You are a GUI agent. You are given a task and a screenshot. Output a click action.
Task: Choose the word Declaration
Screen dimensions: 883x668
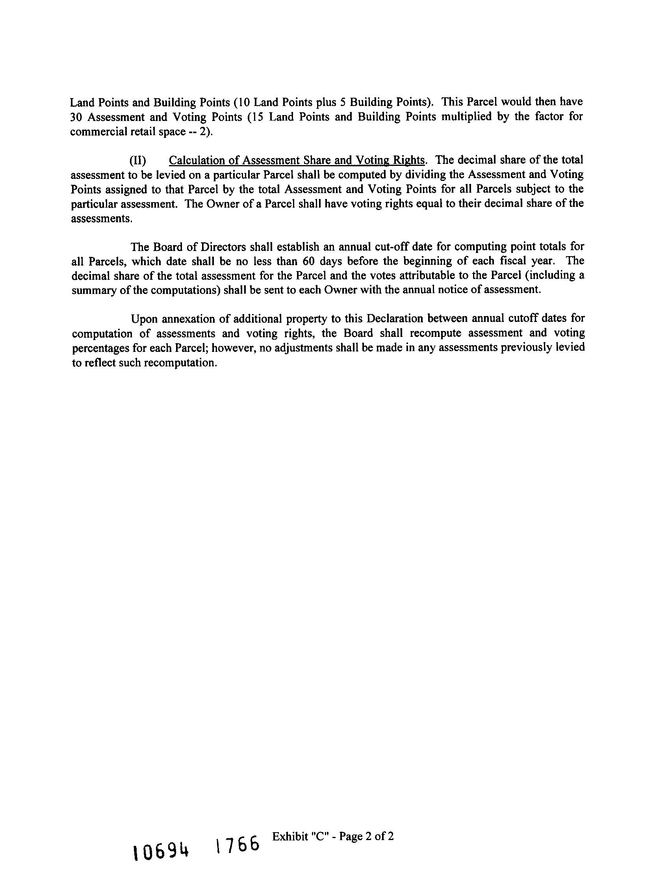click(395, 319)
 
